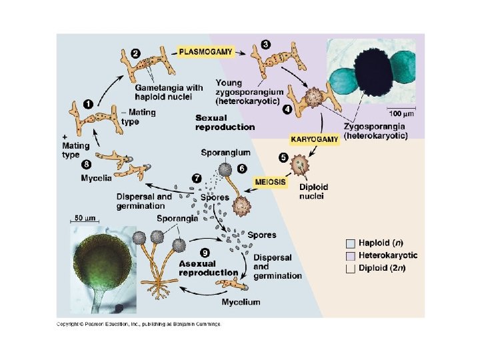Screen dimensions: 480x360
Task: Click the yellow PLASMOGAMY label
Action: click(205, 50)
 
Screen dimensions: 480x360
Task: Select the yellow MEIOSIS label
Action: click(271, 181)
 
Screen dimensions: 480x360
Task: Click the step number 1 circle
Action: click(87, 103)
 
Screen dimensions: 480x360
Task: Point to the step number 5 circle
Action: click(283, 157)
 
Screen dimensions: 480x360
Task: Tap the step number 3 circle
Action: click(266, 44)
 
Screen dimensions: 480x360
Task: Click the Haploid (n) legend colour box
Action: click(351, 243)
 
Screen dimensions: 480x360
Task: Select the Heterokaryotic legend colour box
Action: click(351, 255)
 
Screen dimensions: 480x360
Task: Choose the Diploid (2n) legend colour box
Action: click(351, 268)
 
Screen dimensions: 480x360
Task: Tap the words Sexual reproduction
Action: click(225, 122)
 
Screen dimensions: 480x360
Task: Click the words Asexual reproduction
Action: click(208, 268)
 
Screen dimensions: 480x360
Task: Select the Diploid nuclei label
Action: click(313, 192)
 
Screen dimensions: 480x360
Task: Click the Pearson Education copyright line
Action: click(138, 325)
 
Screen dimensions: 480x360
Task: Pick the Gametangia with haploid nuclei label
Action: click(169, 92)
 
